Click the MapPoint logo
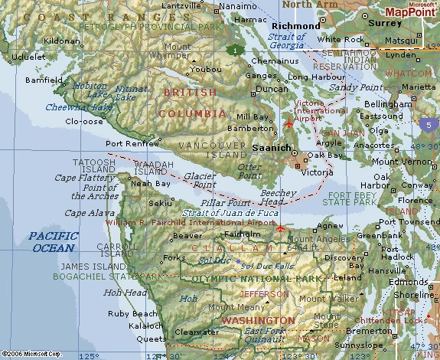(x=411, y=11)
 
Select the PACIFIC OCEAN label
(x=52, y=242)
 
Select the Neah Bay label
(x=151, y=184)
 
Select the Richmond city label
(x=296, y=26)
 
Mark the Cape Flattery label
(x=79, y=178)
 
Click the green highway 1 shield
(x=233, y=50)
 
